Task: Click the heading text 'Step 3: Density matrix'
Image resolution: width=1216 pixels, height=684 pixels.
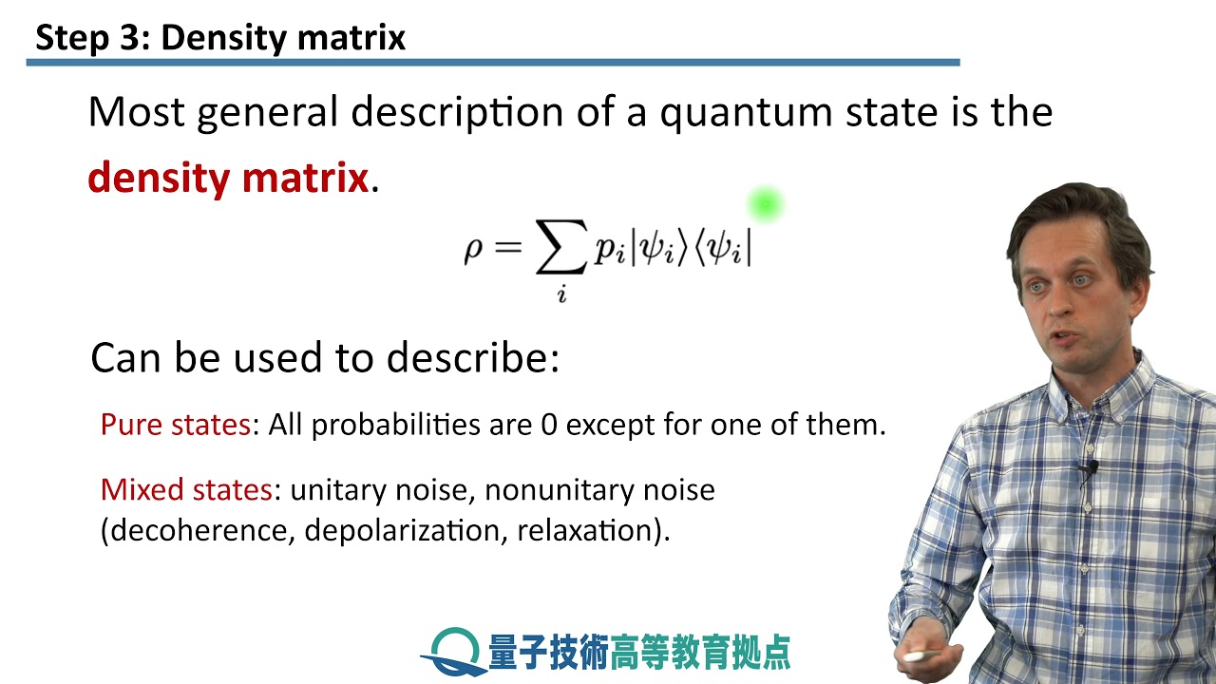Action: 220,38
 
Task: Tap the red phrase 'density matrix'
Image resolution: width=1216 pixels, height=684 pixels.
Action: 227,177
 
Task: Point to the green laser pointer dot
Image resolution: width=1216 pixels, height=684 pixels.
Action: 765,203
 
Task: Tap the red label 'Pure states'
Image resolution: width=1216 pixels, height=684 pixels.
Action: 175,425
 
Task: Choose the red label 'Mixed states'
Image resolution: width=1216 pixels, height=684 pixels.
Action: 186,490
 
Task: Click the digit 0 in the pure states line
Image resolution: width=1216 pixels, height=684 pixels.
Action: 548,425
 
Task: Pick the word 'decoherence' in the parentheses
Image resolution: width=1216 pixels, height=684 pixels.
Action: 199,530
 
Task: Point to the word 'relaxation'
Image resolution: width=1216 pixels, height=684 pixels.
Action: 586,530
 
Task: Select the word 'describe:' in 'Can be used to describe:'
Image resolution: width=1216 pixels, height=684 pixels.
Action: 472,359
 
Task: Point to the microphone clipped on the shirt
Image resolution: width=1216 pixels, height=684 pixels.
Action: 1089,467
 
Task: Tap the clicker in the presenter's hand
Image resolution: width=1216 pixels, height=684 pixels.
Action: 918,655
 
